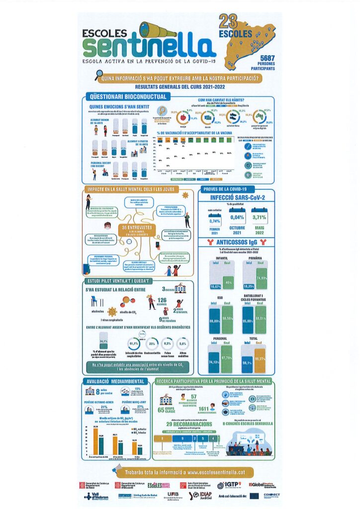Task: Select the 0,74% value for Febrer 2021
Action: [215, 221]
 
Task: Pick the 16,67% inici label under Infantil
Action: [215, 287]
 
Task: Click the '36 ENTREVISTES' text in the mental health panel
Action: [129, 228]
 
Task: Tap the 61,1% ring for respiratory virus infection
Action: [134, 343]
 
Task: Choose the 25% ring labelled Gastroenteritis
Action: [152, 343]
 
